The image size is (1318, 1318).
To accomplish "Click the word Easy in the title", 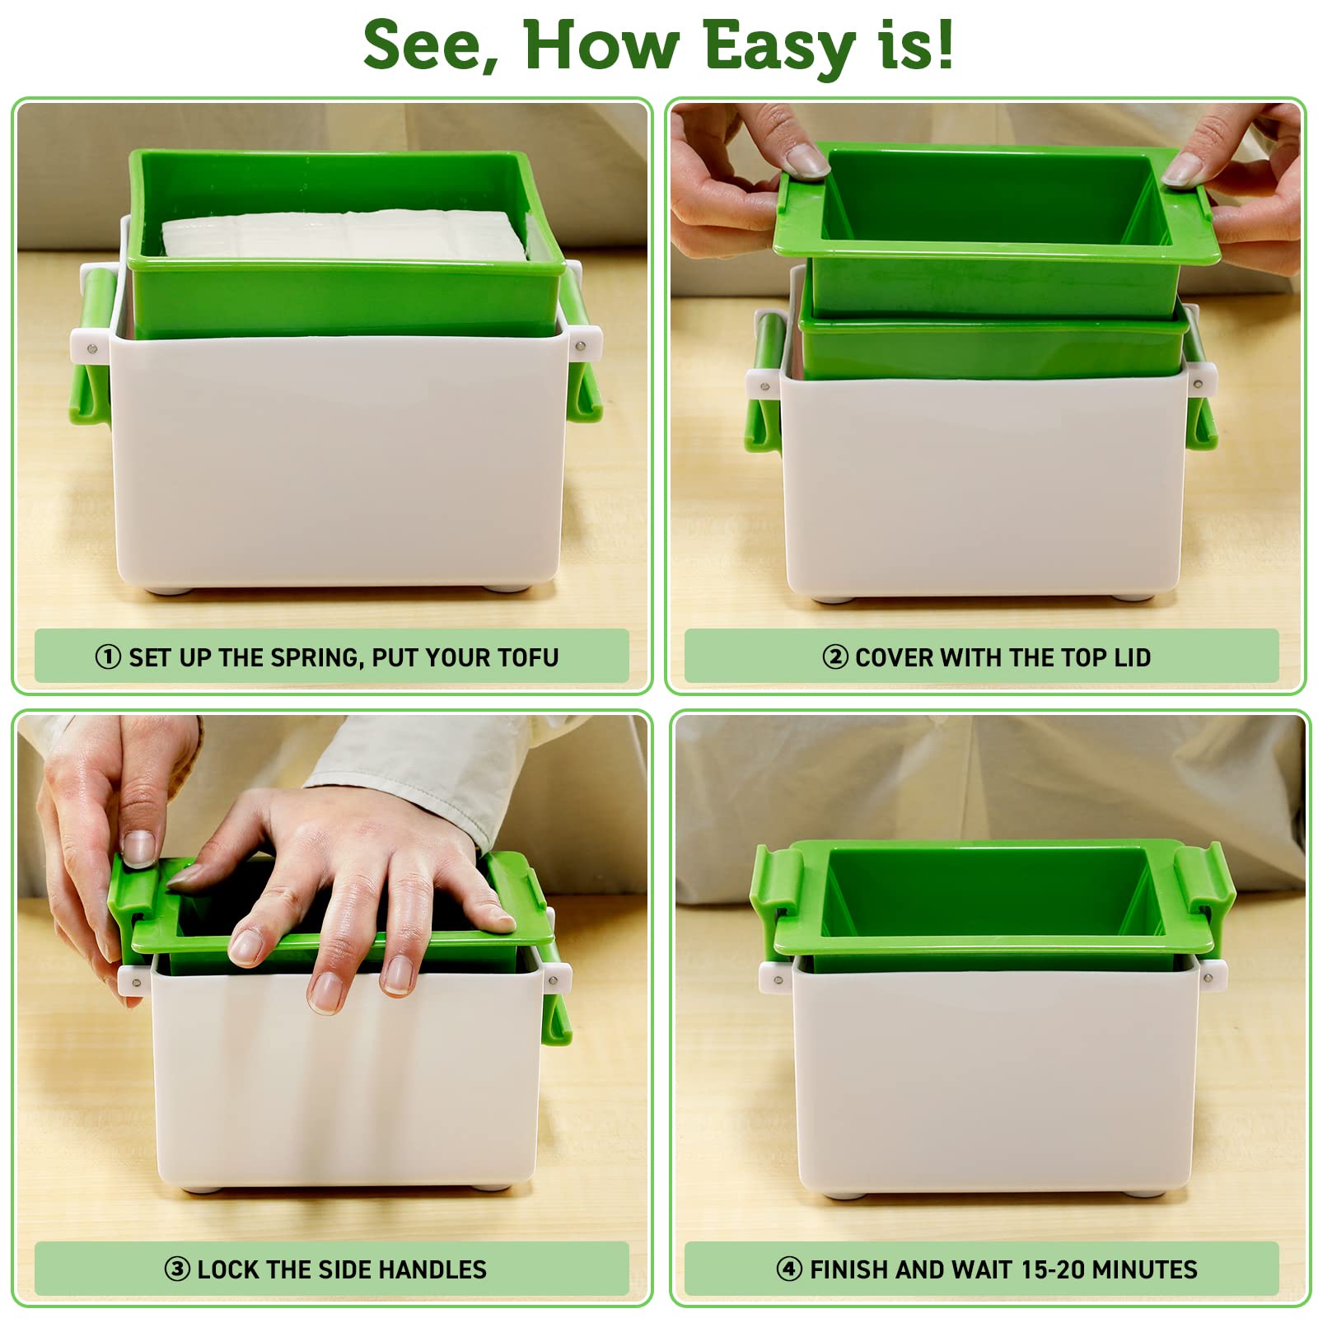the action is point(779,47).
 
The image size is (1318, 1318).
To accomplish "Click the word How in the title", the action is point(601,44).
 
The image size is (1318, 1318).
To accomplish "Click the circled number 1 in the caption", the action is point(108,657).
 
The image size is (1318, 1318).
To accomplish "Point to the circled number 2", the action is point(835,657).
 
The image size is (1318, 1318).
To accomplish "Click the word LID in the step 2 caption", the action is point(1132,657).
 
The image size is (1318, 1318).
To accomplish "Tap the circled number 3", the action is point(177,1269).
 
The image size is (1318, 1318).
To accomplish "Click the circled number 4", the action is point(789,1269).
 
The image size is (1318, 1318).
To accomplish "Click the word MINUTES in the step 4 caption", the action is point(1144,1269).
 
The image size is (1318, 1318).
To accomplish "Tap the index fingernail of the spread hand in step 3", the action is point(245,946).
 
